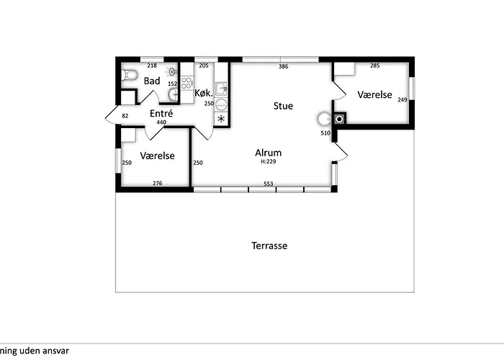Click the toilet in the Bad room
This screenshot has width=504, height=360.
(130, 75)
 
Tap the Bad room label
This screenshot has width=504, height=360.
(152, 81)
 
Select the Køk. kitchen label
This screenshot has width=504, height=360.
(204, 93)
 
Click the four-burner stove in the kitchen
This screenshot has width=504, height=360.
(186, 83)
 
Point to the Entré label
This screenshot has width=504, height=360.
(161, 113)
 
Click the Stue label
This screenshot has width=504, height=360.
(283, 106)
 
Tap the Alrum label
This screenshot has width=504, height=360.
(268, 153)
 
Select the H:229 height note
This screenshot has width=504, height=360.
(269, 161)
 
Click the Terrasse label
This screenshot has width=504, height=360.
(269, 246)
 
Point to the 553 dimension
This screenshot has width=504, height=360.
(269, 184)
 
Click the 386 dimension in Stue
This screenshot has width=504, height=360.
(284, 66)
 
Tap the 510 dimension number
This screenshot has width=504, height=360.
(325, 132)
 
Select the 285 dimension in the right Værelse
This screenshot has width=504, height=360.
(375, 66)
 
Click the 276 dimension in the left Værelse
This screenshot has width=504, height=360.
(158, 183)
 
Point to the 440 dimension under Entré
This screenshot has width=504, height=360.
(161, 122)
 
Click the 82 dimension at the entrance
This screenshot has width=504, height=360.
(125, 116)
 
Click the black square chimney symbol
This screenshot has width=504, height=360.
(339, 120)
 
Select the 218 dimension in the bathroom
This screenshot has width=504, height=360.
(152, 66)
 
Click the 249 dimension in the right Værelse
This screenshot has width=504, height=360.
(402, 99)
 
